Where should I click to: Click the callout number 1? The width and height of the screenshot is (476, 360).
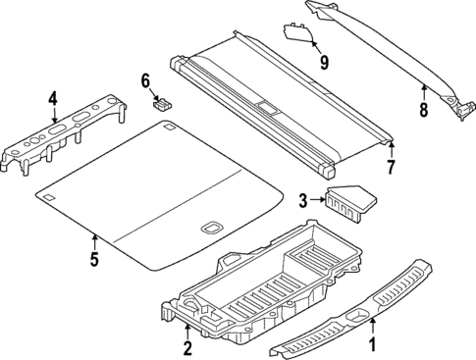click(371, 344)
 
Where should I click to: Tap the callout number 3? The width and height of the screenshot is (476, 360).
click(304, 201)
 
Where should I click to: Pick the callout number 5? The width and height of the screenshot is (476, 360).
click(93, 259)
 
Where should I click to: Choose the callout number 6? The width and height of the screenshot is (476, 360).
click(145, 79)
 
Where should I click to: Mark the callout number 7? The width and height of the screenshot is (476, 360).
click(390, 167)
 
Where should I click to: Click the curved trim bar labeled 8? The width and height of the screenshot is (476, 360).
click(393, 49)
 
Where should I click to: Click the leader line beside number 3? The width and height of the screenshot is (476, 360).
click(317, 201)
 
